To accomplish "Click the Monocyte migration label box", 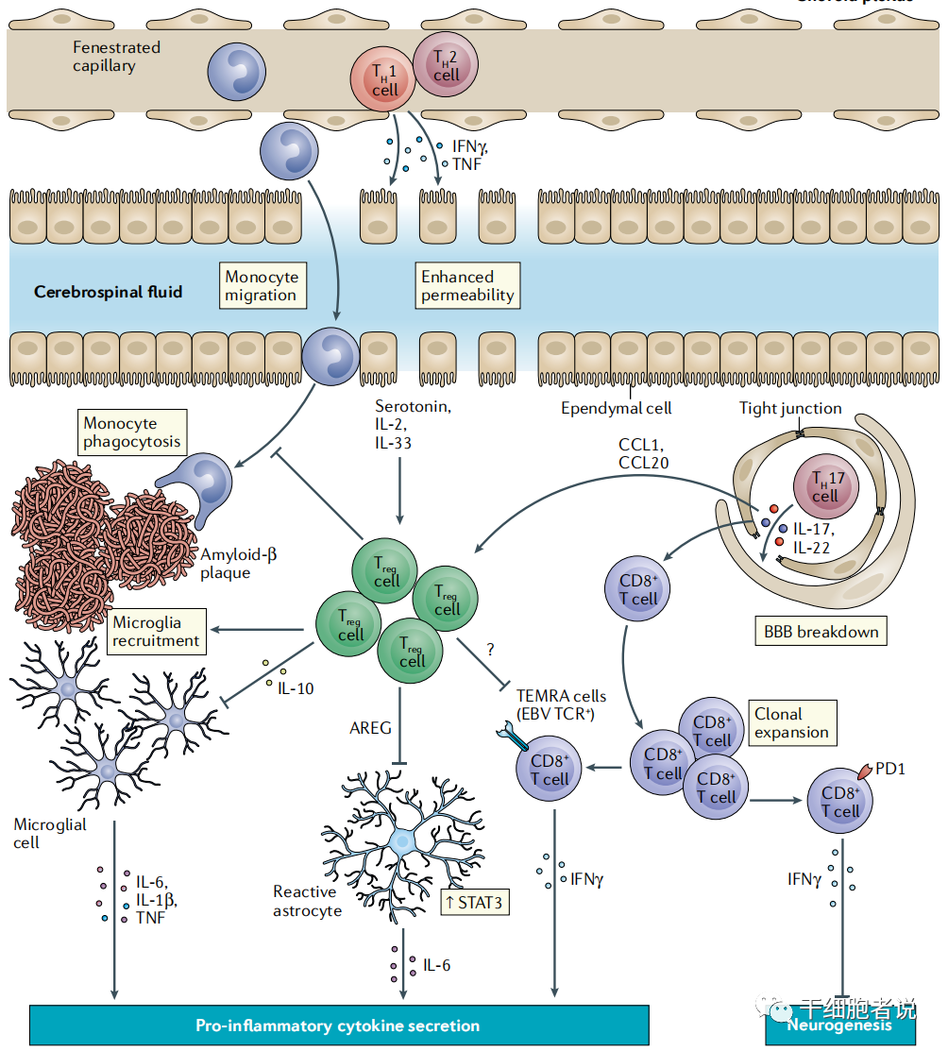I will coord(261,286).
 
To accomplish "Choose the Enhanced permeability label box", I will coord(467,286).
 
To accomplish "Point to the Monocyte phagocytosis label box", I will coord(131,432).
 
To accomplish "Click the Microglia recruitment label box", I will coord(157,631).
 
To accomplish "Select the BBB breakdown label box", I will coord(819,632).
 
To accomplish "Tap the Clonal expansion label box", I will coord(791,723).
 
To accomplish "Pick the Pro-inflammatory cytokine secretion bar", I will coord(338,1026).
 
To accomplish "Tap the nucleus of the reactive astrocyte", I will coord(403,839).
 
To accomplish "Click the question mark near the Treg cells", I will coord(491,651).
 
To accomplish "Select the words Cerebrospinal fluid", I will coord(108,292).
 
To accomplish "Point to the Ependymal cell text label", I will coord(617,408).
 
